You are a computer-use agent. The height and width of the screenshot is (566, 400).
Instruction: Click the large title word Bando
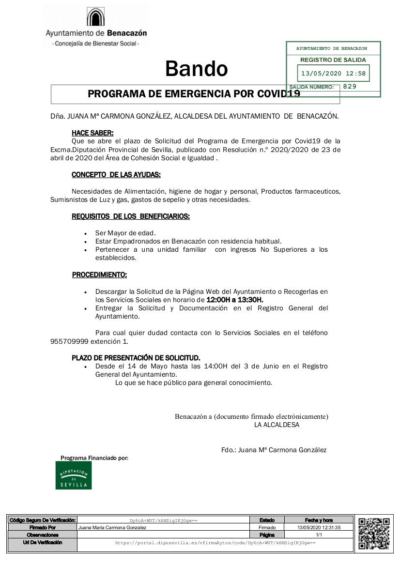tap(196, 69)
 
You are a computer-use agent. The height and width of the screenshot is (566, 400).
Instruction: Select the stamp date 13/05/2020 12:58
tap(333, 74)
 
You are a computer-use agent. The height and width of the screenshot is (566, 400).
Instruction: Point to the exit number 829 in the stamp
tap(350, 87)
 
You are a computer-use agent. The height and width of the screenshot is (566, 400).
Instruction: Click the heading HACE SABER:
tap(93, 133)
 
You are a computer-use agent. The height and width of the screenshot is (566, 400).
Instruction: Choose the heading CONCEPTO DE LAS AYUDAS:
tap(116, 174)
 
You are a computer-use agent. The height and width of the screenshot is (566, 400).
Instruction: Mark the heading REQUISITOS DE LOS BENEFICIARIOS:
tap(131, 216)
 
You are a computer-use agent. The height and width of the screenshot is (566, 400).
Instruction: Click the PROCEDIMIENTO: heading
tap(99, 275)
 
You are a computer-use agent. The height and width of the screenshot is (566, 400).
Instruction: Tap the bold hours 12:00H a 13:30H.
tap(235, 300)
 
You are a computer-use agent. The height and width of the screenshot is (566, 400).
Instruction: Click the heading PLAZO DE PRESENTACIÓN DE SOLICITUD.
tap(136, 358)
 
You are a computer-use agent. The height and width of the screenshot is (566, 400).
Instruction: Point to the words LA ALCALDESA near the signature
tap(277, 425)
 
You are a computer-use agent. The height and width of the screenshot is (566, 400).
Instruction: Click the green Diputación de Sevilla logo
tap(74, 475)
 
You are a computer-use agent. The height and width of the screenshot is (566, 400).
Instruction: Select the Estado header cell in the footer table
tap(267, 520)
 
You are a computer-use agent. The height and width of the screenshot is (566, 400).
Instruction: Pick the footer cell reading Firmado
tap(267, 527)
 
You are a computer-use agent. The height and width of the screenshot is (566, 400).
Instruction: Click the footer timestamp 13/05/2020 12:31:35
tap(319, 527)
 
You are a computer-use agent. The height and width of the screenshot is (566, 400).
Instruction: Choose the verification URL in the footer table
tap(215, 543)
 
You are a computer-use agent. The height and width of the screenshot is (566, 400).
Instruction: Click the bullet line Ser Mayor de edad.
tap(119, 233)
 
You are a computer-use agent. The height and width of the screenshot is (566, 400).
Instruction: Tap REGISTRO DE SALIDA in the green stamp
tap(333, 60)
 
